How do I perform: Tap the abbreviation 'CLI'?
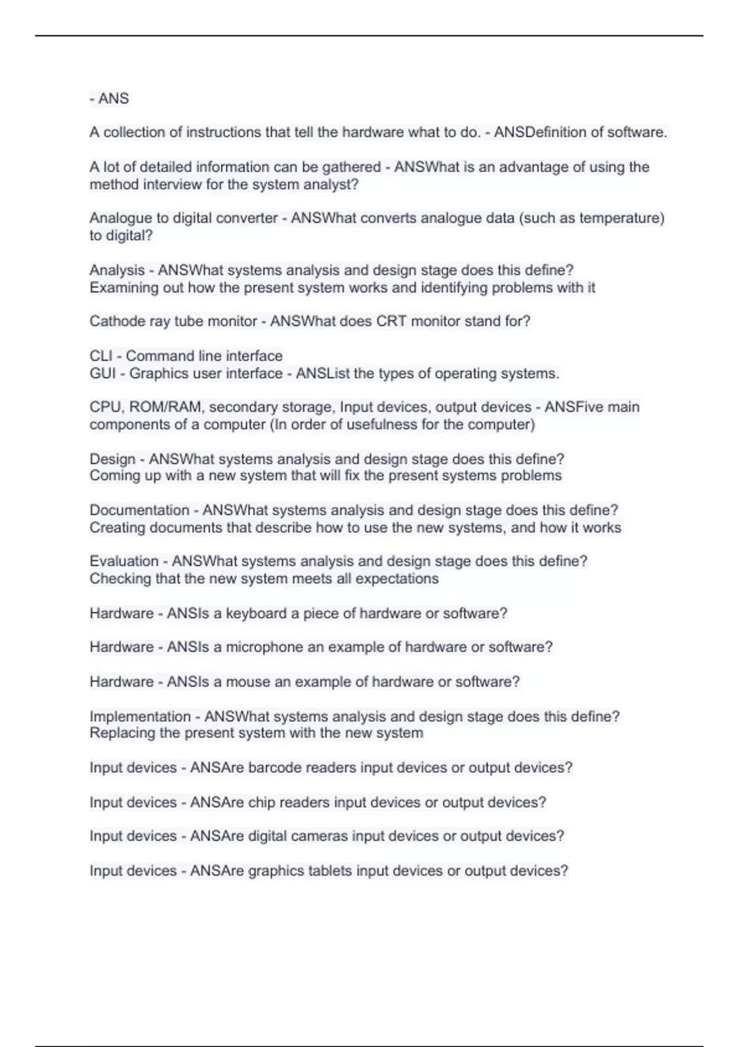(101, 356)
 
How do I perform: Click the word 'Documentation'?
(139, 510)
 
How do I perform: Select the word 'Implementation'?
(140, 716)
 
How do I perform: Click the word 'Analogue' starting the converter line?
(120, 218)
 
